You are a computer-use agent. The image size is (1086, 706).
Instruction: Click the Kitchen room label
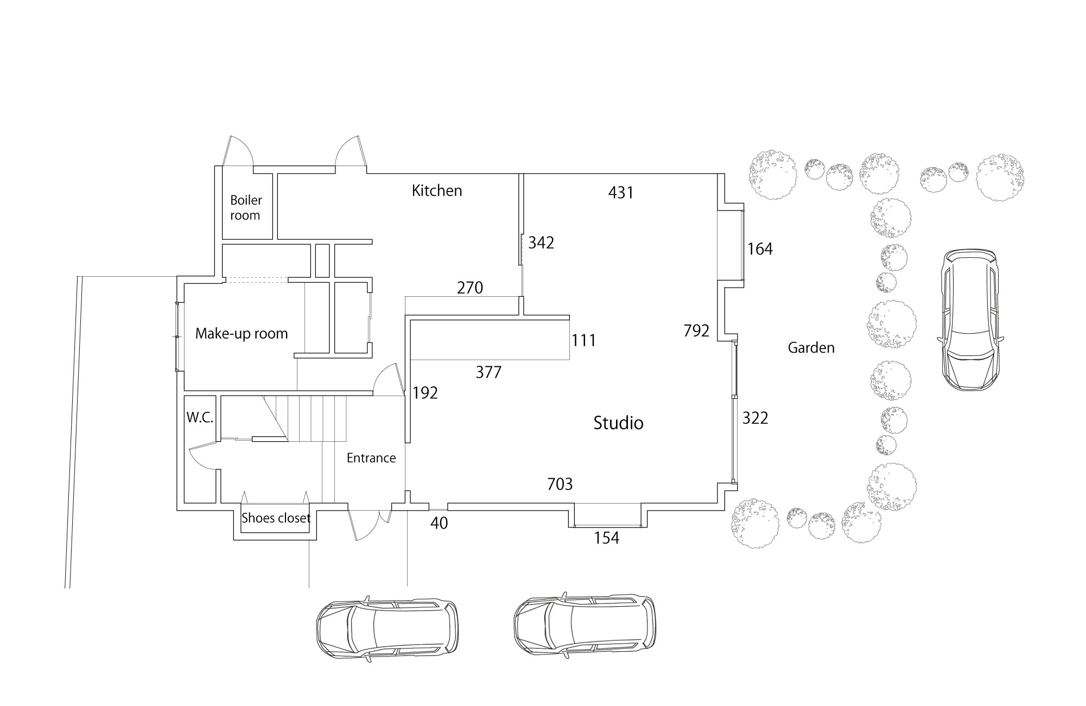[x=437, y=190]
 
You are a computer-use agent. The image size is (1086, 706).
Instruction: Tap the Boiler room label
[x=246, y=208]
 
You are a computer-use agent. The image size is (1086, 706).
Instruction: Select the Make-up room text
[x=242, y=333]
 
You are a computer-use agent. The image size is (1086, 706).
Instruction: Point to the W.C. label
[x=200, y=418]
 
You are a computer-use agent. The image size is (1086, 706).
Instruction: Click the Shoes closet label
[x=276, y=518]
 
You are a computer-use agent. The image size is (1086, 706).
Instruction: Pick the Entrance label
[x=371, y=458]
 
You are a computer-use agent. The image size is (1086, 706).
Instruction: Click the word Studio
[x=618, y=423]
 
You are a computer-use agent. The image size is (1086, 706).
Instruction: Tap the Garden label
[x=811, y=347]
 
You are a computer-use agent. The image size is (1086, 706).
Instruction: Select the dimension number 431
[x=621, y=193]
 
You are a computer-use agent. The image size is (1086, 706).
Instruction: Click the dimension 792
[x=696, y=330]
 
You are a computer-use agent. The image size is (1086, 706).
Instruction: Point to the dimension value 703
[x=560, y=484]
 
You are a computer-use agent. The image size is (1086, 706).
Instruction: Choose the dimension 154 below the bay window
[x=606, y=538]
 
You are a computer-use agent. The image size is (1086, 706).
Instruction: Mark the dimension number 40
[x=439, y=524]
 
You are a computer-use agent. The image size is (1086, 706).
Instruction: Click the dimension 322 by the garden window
[x=755, y=418]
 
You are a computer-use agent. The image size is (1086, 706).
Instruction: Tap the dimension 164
[x=760, y=249]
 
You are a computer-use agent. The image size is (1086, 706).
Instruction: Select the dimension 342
[x=541, y=243]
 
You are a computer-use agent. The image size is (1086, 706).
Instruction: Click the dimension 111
[x=583, y=340]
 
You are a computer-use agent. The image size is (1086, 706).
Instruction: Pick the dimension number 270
[x=469, y=288]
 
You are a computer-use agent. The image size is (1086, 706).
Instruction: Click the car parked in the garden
[x=970, y=320]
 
